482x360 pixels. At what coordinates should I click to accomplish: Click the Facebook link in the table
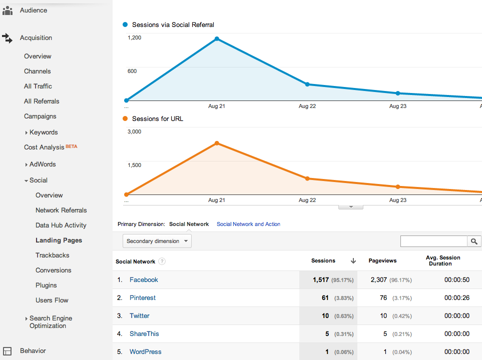click(144, 280)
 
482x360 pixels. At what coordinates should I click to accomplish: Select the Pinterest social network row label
click(143, 298)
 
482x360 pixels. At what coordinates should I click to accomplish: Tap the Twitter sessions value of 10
click(325, 316)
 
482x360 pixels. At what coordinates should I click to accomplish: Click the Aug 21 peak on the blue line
click(217, 38)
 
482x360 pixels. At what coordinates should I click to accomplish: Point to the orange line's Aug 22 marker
click(307, 178)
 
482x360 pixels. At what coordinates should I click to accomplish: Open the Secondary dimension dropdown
click(157, 241)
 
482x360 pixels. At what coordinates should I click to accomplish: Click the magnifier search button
click(474, 241)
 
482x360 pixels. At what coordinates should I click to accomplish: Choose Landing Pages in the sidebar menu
click(59, 240)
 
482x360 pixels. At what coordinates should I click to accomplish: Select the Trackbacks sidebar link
click(53, 255)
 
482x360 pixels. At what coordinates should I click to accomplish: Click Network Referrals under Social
click(61, 210)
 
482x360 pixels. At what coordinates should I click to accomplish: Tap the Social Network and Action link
click(248, 224)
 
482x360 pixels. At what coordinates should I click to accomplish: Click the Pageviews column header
click(382, 261)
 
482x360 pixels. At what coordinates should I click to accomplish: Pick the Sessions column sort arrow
click(353, 261)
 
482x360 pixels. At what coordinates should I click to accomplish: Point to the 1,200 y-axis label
click(135, 37)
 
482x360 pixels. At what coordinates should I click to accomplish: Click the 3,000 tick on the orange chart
click(135, 131)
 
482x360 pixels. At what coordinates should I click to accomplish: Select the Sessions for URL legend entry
click(157, 119)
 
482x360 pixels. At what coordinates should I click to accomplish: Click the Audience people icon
click(8, 10)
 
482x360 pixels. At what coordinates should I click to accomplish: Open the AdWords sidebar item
click(43, 164)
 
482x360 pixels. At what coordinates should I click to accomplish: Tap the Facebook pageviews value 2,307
click(379, 280)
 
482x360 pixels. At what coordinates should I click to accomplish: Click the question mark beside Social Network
click(162, 261)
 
